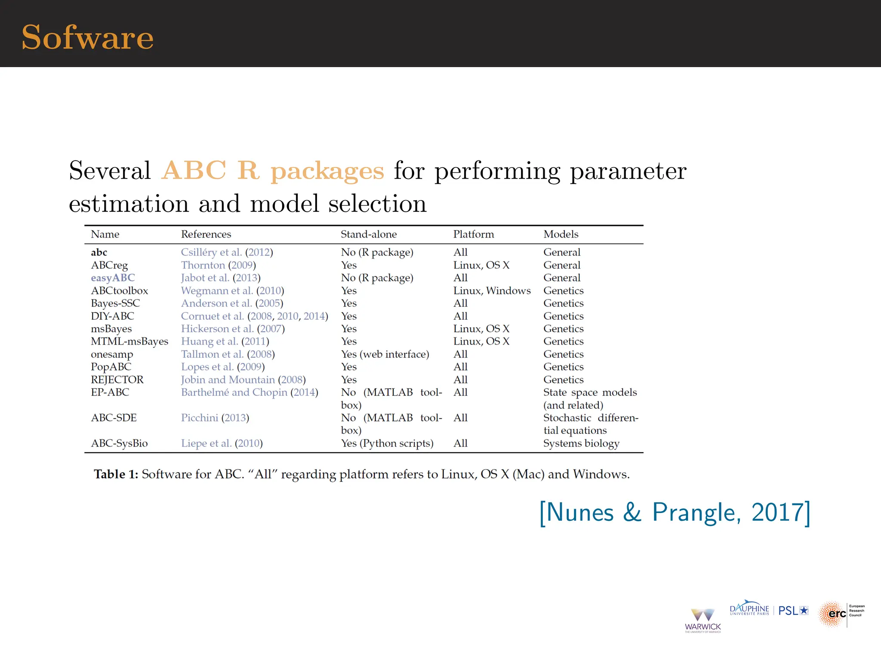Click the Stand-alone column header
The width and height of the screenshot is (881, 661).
point(369,234)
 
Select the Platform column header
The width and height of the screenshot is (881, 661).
point(474,234)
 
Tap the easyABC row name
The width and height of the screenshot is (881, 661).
point(113,278)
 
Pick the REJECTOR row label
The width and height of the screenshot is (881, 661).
point(117,380)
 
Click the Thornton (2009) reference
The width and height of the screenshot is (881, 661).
point(218,265)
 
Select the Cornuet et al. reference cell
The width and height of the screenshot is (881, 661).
point(254,316)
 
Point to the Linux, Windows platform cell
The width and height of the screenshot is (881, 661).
point(492,291)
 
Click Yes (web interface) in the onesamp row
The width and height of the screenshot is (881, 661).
point(385,354)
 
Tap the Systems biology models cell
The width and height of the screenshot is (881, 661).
point(581,443)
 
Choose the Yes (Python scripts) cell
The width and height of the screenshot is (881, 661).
point(387,443)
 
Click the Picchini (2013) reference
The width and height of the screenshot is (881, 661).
point(215,418)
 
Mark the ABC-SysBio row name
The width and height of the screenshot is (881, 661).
point(119,443)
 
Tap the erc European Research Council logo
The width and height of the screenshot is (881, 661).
point(841,614)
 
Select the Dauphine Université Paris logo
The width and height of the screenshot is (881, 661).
point(749,609)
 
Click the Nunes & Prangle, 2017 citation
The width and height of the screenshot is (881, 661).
point(675,513)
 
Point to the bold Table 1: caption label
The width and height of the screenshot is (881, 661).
point(116,474)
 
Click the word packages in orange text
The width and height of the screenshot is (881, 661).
point(327,171)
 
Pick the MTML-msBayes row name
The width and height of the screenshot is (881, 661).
point(129,342)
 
